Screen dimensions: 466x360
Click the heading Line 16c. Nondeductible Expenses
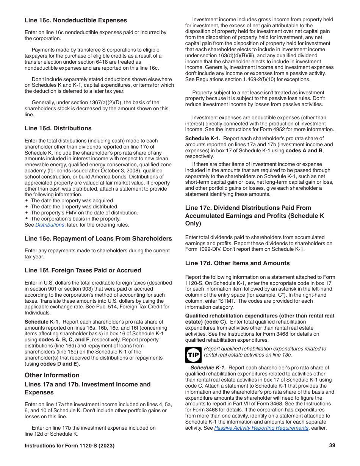76,20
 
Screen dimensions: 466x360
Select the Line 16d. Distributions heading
58,128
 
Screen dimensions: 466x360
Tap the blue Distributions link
50,225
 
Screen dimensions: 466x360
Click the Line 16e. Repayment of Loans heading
98,239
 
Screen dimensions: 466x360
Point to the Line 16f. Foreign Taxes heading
83,271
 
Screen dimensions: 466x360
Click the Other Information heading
52,375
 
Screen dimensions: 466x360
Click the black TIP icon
193,355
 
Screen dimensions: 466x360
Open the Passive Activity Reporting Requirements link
261,428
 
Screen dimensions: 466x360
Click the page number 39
332,446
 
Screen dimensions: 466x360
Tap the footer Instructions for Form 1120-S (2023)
69,446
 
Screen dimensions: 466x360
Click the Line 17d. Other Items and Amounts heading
237,263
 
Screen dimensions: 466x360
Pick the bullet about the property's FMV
84,213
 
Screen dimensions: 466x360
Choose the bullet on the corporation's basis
75,219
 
